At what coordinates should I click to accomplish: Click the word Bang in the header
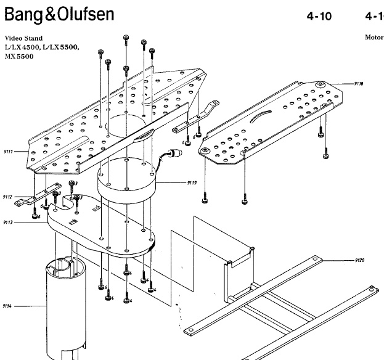pyautogui.click(x=27, y=13)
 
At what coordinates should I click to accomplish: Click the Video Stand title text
pyautogui.click(x=22, y=38)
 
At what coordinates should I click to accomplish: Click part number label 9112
pyautogui.click(x=7, y=197)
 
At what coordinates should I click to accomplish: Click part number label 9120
pyautogui.click(x=360, y=260)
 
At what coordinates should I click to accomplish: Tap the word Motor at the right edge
pyautogui.click(x=374, y=37)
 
